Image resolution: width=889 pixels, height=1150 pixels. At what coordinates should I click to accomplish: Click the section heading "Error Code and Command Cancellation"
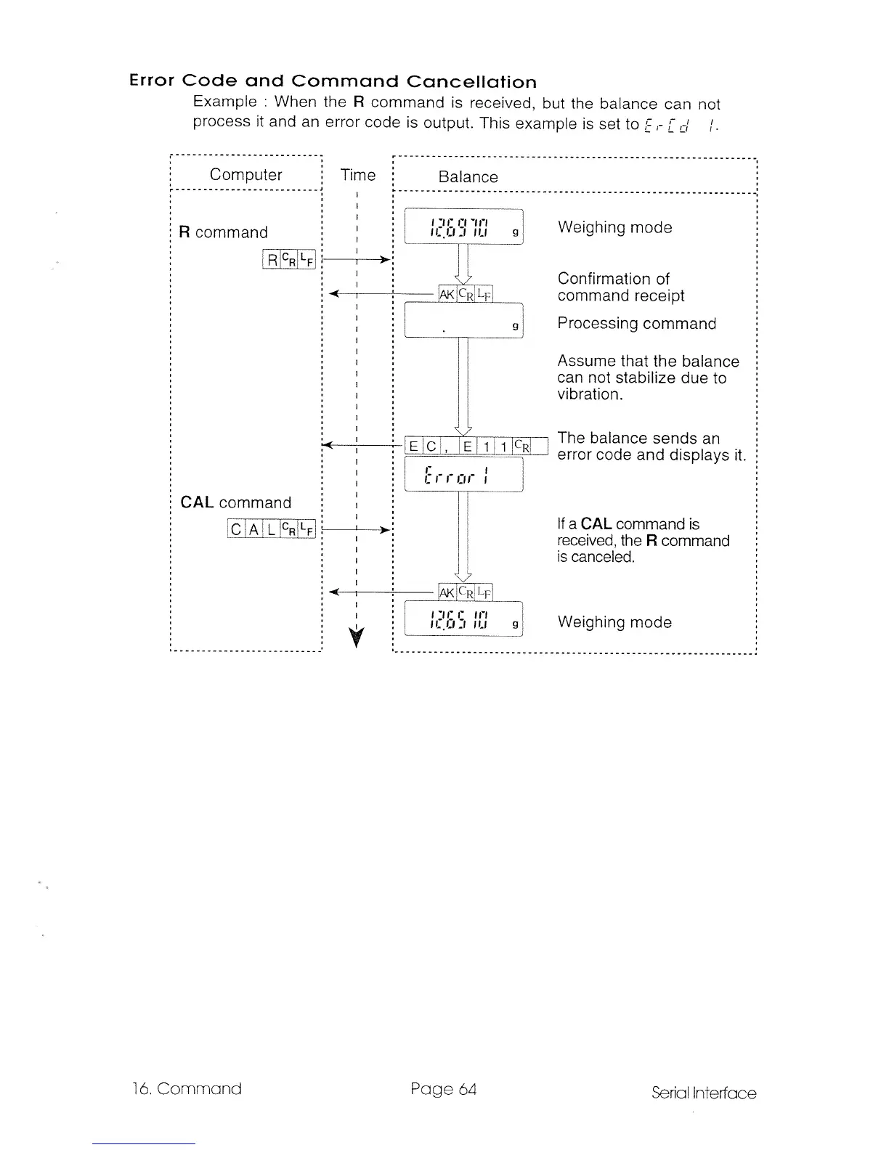(333, 81)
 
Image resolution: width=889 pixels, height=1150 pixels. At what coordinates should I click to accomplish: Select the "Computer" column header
(245, 174)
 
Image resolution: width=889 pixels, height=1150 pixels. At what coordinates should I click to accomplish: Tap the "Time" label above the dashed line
(358, 175)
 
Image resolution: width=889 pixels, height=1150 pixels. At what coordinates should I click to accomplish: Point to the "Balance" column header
(468, 177)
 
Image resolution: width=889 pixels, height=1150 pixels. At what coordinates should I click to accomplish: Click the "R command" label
(223, 232)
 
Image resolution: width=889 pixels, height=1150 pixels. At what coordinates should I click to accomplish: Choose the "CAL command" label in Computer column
(235, 502)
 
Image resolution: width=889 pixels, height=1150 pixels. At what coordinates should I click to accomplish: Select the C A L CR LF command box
(272, 529)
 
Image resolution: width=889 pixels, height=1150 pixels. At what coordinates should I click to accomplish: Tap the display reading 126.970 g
(463, 227)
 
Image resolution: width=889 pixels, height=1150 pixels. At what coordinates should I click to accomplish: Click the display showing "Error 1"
(463, 475)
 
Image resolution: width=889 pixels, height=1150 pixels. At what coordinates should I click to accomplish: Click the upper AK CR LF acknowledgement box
(466, 294)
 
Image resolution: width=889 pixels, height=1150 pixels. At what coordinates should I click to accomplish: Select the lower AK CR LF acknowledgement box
(466, 593)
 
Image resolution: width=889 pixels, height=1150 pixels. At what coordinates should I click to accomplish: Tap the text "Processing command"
(636, 324)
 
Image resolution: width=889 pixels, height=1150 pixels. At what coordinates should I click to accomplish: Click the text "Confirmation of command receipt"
(620, 287)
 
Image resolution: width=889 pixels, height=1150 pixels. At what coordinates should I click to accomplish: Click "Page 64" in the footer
(443, 1089)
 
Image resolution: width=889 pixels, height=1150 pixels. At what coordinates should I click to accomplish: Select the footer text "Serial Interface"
(703, 1093)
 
